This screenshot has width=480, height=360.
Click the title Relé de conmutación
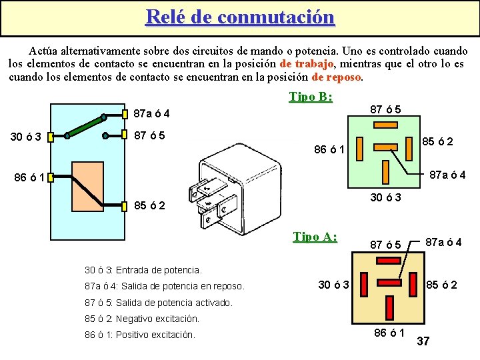[240, 17]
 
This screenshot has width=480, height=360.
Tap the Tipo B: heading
[311, 97]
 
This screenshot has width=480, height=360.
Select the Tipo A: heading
[315, 237]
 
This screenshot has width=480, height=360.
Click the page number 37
[423, 342]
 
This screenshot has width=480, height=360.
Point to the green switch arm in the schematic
[85, 126]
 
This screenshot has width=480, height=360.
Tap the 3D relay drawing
[240, 180]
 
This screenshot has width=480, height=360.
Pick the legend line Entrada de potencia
[143, 270]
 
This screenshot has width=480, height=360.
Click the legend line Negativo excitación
[142, 319]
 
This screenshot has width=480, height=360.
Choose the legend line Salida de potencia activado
[158, 303]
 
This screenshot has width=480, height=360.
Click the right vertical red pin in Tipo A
[418, 285]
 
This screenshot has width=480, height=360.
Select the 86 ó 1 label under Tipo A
[389, 333]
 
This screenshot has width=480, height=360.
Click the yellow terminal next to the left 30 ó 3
[50, 137]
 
